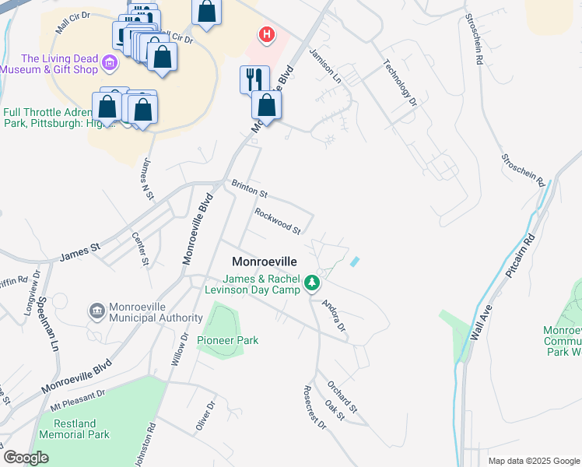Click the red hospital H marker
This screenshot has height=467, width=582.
267,35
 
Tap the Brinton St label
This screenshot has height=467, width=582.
249,188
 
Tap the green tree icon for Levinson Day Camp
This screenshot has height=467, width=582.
312,283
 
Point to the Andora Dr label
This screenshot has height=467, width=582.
334,315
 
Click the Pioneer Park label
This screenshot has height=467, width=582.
227,340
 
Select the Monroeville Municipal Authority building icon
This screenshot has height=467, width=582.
97,311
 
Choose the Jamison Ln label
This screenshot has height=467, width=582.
325,65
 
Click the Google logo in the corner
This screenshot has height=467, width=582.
26,458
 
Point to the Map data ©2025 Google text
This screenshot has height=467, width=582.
533,461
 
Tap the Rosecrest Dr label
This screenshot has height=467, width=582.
315,407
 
